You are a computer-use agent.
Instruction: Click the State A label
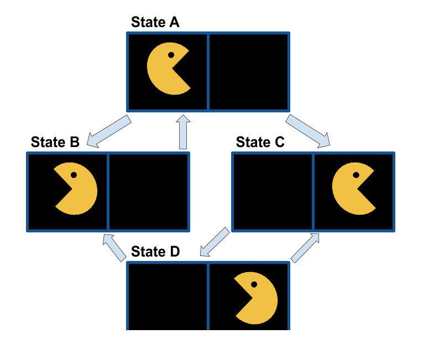click(155, 22)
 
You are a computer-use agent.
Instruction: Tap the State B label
click(55, 142)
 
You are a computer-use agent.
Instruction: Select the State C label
click(260, 142)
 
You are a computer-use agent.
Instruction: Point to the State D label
click(155, 252)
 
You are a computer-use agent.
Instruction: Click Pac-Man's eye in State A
click(171, 55)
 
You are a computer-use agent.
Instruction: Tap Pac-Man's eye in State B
click(74, 175)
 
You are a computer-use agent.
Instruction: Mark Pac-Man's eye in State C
click(356, 175)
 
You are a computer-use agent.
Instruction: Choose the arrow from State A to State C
click(307, 132)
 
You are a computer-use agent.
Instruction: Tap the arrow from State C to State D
click(214, 242)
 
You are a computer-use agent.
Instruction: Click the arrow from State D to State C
click(305, 247)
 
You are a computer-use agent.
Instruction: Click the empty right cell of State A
click(248, 71)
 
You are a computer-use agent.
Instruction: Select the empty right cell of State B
click(148, 191)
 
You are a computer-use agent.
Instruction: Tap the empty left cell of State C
click(273, 191)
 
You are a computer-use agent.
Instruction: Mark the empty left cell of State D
click(168, 296)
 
